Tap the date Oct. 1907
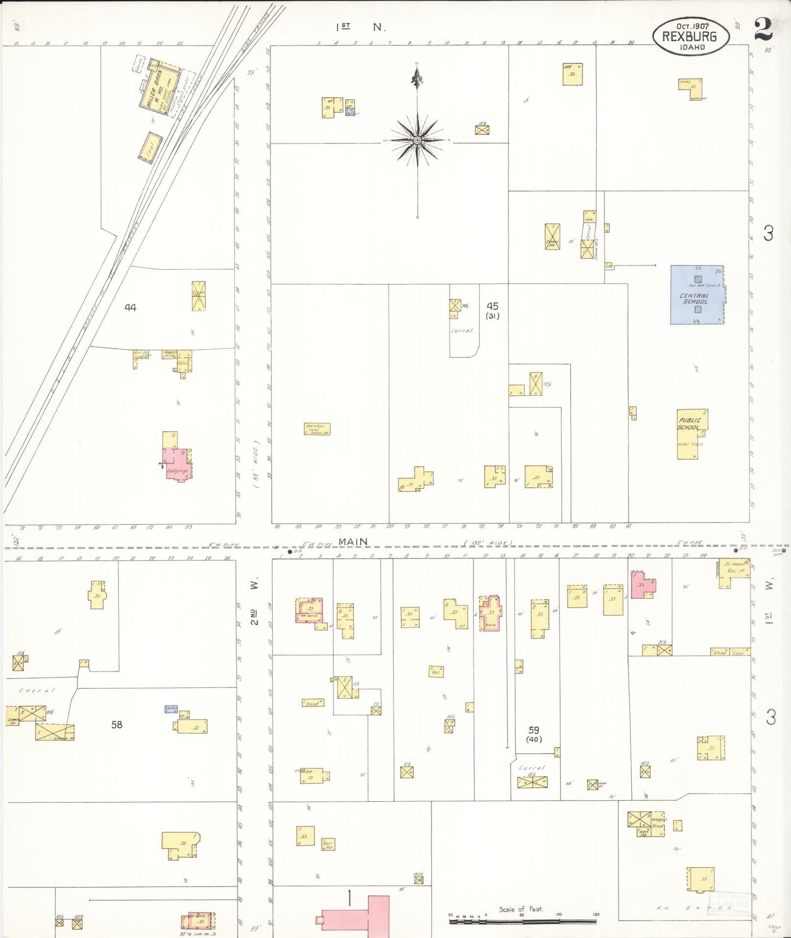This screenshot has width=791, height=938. (x=692, y=26)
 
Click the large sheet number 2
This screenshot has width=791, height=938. (x=763, y=29)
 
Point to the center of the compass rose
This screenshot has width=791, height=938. (x=418, y=141)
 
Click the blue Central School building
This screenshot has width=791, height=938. (x=696, y=295)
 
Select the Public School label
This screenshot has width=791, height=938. (x=689, y=423)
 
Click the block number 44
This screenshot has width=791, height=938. (x=130, y=308)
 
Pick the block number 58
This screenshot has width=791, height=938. (x=117, y=725)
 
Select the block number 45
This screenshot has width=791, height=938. (x=493, y=306)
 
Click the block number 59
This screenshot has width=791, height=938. (x=534, y=730)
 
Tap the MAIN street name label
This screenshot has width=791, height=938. (x=353, y=542)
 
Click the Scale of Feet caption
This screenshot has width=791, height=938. (x=521, y=909)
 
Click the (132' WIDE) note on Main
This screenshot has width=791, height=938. (x=488, y=543)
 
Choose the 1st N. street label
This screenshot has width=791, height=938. (x=361, y=26)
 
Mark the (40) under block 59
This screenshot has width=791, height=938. (x=534, y=739)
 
